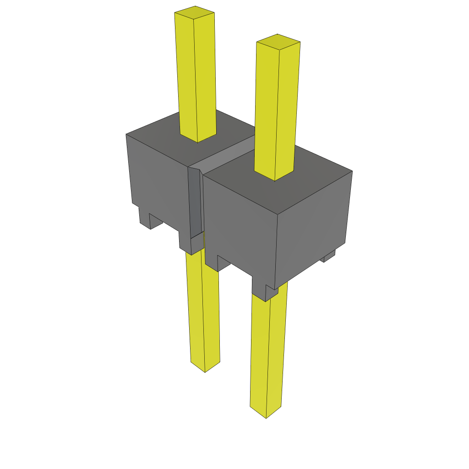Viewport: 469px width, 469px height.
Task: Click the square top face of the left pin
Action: click(195, 12)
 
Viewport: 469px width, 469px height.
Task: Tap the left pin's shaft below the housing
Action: click(204, 311)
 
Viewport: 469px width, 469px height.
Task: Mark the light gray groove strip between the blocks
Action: click(224, 156)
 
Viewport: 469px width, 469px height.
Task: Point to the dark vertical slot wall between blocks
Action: click(195, 202)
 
